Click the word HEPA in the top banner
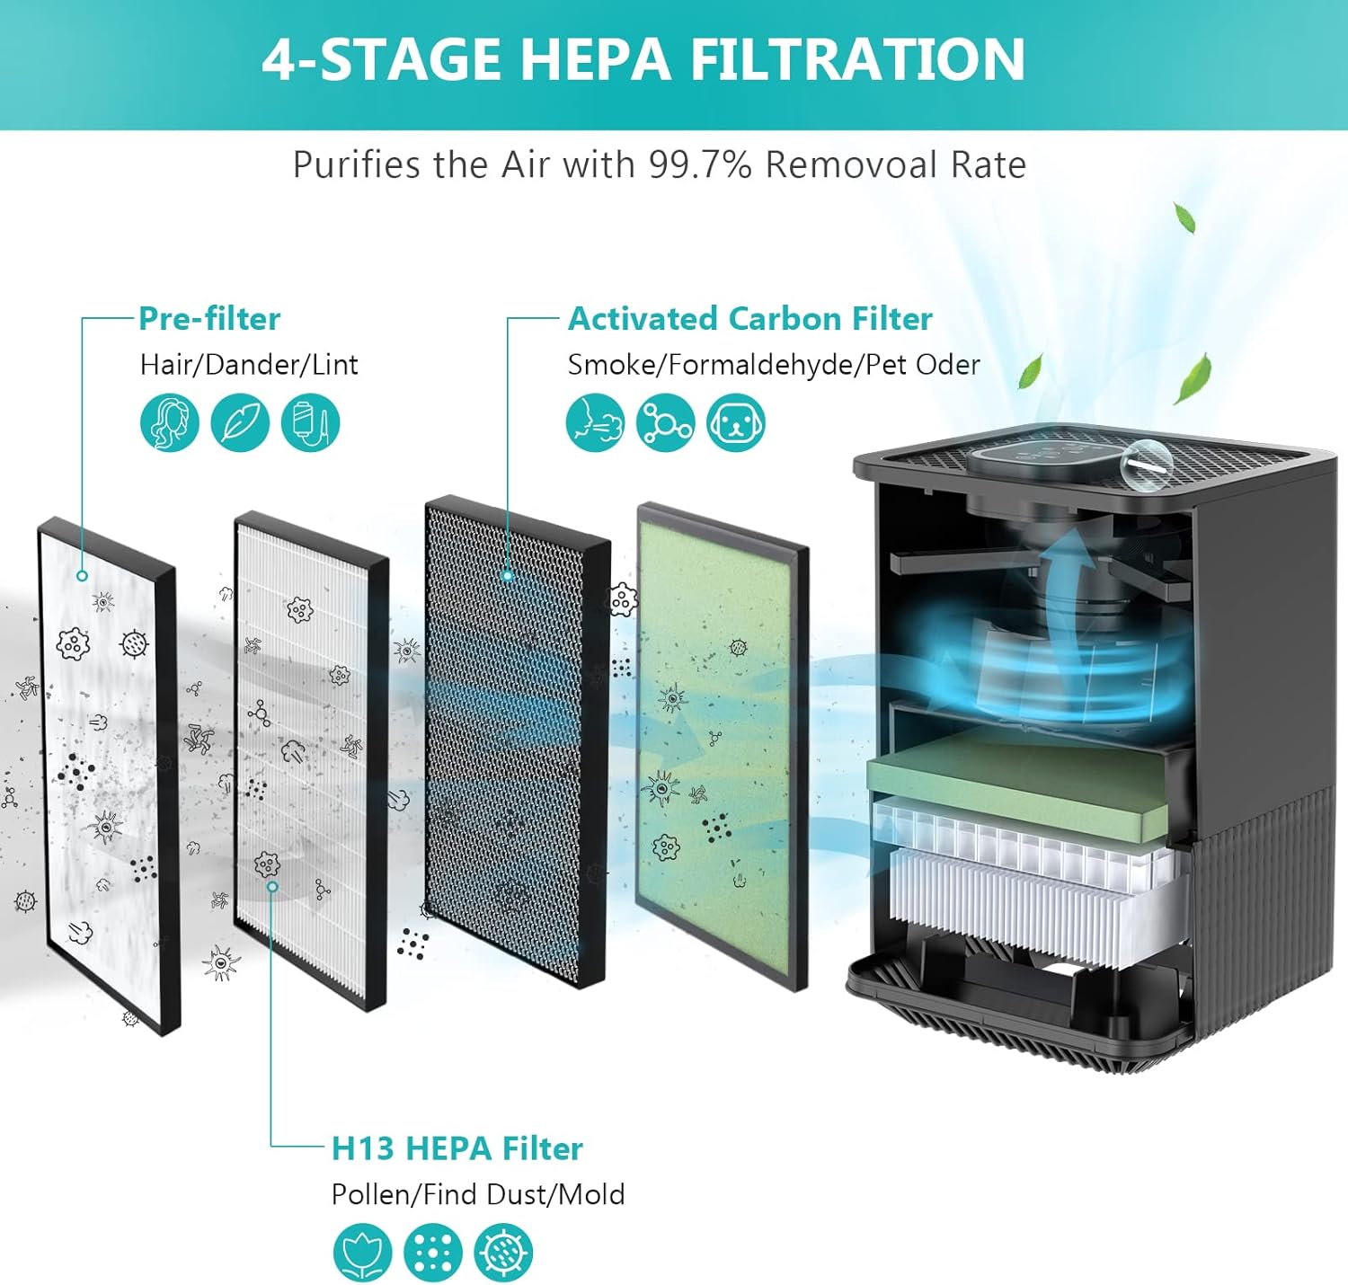(594, 59)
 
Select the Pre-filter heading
(209, 319)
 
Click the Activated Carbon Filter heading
(749, 319)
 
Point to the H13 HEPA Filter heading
(457, 1148)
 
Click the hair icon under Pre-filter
(170, 422)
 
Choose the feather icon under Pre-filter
(240, 422)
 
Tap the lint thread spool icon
(310, 422)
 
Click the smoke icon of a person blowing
(595, 422)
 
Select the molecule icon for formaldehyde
(665, 422)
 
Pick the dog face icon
(735, 422)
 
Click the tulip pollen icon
(362, 1252)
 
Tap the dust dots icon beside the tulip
(432, 1252)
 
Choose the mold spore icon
(503, 1252)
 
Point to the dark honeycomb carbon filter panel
(517, 737)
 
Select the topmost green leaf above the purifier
(1184, 217)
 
